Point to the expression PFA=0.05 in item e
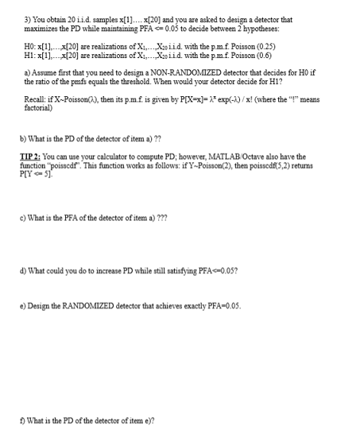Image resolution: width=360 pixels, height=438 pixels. coord(220,327)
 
